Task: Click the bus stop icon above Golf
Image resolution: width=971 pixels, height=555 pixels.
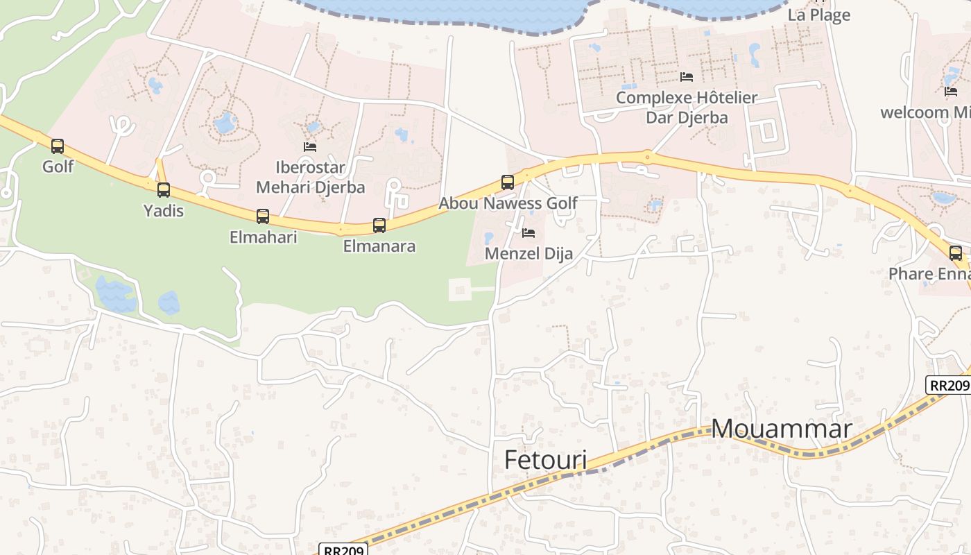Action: (58, 146)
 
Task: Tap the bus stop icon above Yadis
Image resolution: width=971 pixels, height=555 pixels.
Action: (164, 190)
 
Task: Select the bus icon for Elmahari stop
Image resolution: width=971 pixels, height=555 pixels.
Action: (263, 216)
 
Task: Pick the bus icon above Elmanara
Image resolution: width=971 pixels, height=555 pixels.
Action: (379, 225)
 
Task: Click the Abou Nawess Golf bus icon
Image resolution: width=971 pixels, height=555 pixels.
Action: (508, 182)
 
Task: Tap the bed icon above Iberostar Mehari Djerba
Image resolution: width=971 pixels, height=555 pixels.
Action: (310, 147)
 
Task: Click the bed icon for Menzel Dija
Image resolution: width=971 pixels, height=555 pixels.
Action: (529, 233)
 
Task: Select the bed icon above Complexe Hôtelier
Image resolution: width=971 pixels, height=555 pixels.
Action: (687, 77)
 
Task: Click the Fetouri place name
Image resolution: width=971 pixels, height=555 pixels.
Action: (545, 459)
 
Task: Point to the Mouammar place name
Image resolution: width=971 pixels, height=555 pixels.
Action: (782, 428)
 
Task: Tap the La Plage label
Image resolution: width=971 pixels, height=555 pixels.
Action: (819, 15)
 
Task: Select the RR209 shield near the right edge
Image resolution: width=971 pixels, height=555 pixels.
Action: (948, 386)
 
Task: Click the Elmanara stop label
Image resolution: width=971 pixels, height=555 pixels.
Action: (379, 246)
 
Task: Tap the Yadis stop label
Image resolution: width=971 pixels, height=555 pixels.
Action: (164, 210)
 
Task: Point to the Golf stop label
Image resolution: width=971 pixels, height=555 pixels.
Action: (58, 166)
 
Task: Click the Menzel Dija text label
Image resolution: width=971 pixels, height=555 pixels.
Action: (529, 254)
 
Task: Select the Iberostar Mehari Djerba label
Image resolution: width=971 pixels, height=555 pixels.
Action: (310, 177)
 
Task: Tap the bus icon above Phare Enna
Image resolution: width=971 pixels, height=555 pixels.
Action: (956, 253)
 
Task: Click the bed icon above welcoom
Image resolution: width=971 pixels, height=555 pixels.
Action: (951, 92)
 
